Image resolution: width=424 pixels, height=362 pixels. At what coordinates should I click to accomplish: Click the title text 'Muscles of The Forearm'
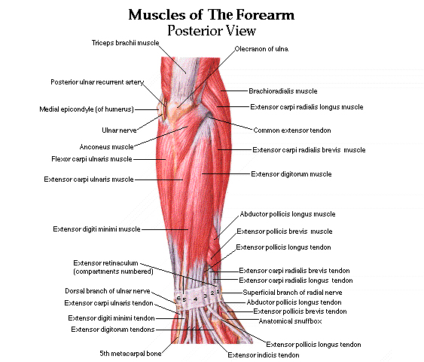211,14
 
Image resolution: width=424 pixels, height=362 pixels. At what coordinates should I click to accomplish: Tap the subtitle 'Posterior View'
212,30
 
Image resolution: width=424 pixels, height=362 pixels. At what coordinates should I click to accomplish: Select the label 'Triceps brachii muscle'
126,43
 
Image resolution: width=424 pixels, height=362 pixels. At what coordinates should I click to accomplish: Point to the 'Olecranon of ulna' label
261,49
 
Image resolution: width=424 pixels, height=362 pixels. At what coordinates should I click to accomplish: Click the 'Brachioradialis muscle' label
283,91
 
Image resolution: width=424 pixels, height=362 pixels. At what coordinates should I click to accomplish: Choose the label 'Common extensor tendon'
292,130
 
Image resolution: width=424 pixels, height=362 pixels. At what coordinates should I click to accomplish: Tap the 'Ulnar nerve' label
119,130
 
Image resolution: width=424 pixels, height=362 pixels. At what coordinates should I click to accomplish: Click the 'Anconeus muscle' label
106,147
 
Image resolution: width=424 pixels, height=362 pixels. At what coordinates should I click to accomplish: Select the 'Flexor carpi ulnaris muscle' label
92,159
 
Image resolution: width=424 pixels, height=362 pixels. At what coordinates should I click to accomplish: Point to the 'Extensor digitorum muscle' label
291,173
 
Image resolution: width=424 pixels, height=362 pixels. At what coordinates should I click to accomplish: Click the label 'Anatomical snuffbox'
291,321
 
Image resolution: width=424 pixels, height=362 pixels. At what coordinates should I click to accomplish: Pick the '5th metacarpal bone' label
130,354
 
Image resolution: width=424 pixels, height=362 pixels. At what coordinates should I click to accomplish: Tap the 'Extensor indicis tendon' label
264,354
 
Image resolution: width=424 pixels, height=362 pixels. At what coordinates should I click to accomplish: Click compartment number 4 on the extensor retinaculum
196,299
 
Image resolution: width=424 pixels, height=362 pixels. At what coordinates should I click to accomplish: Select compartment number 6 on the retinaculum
178,299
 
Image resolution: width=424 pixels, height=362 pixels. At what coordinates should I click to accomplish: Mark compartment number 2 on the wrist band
212,293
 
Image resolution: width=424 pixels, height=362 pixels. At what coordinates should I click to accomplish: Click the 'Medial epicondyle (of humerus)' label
87,109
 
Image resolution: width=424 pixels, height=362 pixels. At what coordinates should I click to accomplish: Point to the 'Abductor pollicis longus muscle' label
288,214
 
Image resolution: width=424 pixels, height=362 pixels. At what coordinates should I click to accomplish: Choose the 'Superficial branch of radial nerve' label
292,293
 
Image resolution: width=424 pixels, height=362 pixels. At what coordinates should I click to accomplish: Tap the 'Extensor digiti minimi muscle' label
96,229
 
